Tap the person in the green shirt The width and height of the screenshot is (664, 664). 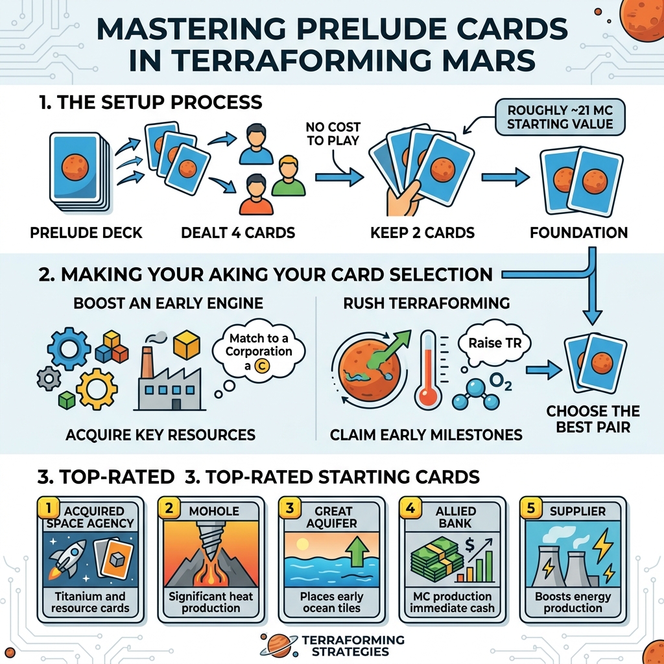tap(288, 178)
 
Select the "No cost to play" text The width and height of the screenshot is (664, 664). tap(333, 134)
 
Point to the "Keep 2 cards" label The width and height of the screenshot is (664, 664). tap(422, 232)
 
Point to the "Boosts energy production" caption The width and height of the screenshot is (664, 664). tap(573, 602)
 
